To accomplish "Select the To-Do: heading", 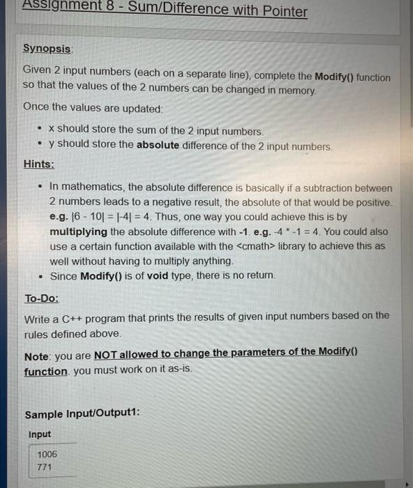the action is [42, 298].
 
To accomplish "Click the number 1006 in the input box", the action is [47, 454].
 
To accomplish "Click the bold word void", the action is [158, 275].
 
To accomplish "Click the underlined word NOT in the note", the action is [105, 353].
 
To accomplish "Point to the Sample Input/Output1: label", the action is [82, 414].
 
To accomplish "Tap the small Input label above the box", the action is [39, 434].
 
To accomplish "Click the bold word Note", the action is [36, 356].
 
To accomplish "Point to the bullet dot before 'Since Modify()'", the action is [40, 276].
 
